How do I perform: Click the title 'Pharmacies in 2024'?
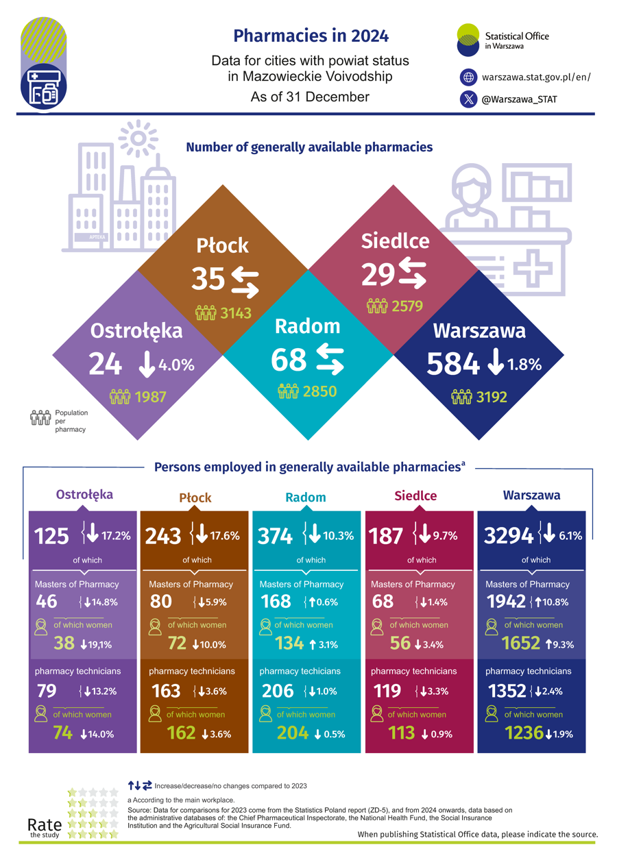coord(310,35)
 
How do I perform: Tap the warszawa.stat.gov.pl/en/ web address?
coord(535,77)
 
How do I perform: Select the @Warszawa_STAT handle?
coord(519,99)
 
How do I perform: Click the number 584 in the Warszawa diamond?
coord(452,364)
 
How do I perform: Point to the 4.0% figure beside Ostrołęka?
coord(176,366)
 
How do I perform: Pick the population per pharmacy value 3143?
coord(236,314)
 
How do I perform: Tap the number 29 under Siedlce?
coord(378,275)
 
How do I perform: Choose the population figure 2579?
coord(407,306)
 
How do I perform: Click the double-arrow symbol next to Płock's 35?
coord(245,282)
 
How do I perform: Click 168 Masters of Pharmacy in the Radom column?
coord(276,602)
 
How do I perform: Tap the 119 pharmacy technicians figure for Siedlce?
coord(388,691)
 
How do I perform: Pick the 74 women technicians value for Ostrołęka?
coord(63,733)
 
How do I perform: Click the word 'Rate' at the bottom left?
coord(45,824)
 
